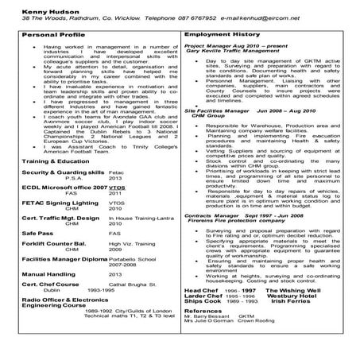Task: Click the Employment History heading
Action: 215,37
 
